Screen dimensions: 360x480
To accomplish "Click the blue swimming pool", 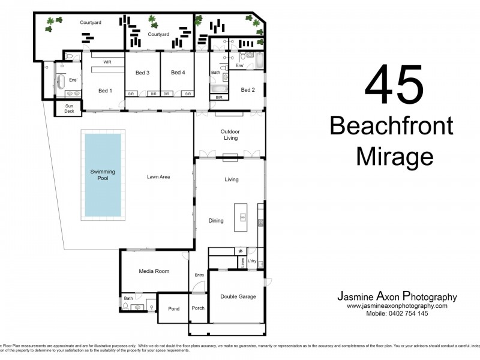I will (x=103, y=174).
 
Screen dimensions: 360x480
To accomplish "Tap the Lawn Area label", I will (x=159, y=177).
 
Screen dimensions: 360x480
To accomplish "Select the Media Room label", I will (x=154, y=271).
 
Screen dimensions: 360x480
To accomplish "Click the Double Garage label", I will (x=238, y=296).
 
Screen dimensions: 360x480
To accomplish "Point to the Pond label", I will (x=173, y=308).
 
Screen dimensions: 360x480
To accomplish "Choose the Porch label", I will (x=198, y=308).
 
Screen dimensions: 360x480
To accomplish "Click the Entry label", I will (x=199, y=275).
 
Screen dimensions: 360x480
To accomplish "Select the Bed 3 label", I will (x=142, y=73).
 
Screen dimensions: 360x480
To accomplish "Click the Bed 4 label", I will (x=178, y=73).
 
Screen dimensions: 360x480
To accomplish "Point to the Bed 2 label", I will (x=248, y=90).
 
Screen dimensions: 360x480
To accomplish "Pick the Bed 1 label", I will (x=105, y=91).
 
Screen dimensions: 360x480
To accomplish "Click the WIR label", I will (x=107, y=62).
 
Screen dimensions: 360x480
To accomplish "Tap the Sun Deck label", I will (x=65, y=109).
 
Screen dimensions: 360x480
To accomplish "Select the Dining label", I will (x=216, y=221).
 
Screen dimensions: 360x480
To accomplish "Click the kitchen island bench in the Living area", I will (x=243, y=217).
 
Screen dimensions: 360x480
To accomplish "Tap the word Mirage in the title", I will (x=394, y=157).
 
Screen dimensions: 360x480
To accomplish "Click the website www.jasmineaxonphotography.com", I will (x=397, y=306).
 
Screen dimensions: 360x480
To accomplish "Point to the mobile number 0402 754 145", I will (x=397, y=314).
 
